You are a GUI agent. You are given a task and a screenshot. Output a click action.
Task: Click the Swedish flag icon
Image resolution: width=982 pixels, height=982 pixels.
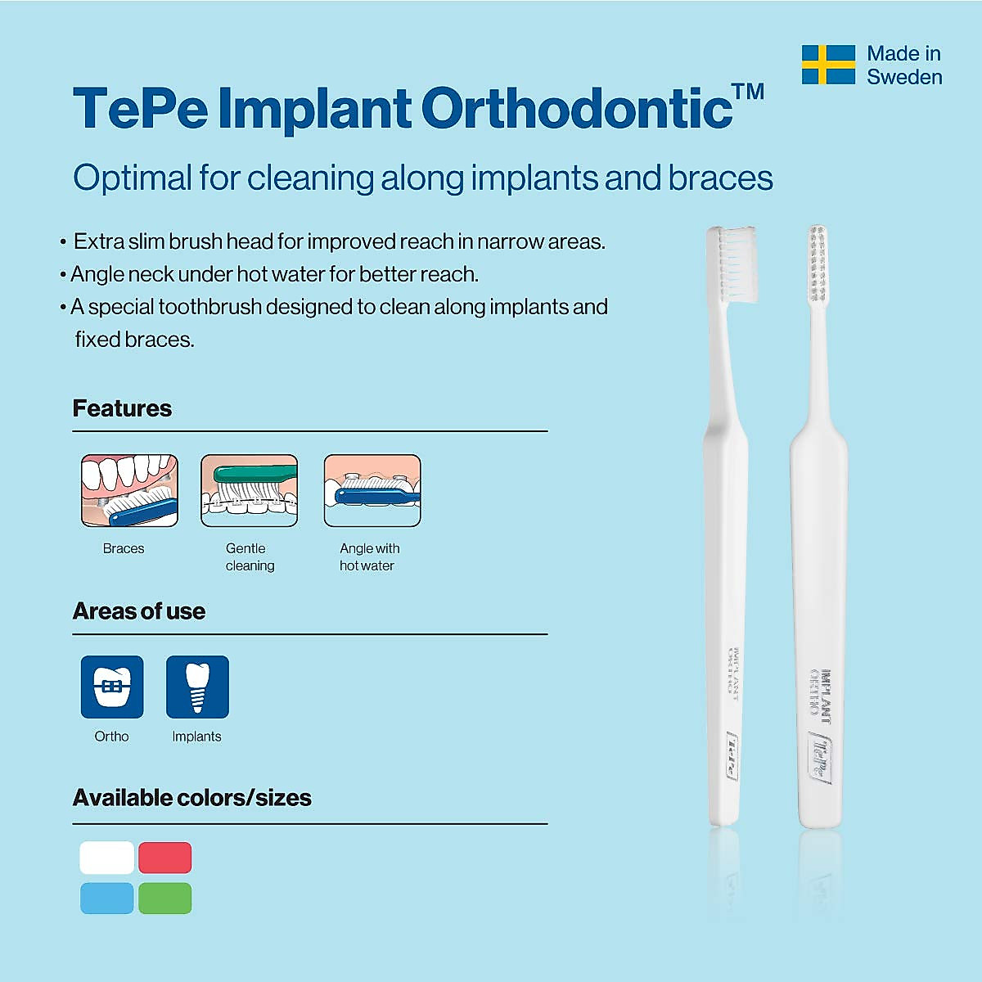[x=828, y=65]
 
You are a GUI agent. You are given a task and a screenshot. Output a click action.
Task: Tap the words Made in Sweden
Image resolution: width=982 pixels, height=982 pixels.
[x=904, y=65]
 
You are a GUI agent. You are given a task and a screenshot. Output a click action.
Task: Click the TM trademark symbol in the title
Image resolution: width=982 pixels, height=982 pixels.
[x=748, y=92]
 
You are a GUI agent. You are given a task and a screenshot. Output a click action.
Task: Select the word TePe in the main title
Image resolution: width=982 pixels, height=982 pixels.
[x=141, y=109]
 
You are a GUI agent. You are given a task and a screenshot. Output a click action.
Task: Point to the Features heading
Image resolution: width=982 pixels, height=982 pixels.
[x=122, y=408]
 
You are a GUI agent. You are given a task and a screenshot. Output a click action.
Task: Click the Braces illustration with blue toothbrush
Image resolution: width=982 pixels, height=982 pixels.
[x=129, y=490]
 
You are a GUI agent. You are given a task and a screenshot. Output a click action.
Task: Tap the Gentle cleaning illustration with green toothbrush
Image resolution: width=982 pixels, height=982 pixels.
[x=250, y=490]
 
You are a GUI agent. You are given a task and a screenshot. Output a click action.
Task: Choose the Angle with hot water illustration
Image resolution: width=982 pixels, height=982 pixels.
[x=372, y=490]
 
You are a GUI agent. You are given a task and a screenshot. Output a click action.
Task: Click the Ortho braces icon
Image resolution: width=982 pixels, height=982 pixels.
[x=112, y=687]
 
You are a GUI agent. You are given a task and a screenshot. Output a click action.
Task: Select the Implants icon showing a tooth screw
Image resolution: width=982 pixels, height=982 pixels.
[x=197, y=687]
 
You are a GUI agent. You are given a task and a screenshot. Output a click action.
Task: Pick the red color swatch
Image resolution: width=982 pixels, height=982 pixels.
[x=165, y=858]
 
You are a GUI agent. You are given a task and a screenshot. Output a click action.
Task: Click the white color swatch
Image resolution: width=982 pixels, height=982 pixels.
[x=106, y=858]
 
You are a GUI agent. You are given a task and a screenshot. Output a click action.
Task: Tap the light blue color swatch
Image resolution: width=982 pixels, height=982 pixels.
[x=106, y=898]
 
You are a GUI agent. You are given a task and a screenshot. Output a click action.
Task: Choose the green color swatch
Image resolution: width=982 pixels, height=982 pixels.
[x=165, y=898]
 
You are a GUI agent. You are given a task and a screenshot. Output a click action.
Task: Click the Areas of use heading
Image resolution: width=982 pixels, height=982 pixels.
[x=139, y=611]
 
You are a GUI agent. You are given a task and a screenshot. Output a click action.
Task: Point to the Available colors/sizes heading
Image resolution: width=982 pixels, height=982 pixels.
[x=192, y=798]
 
